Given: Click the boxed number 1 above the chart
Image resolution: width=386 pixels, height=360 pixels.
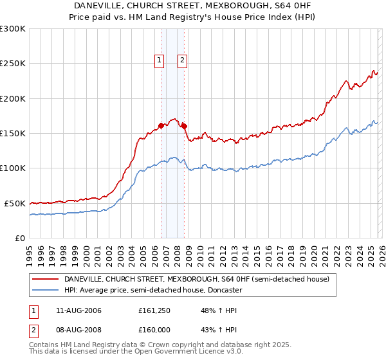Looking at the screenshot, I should (160, 60).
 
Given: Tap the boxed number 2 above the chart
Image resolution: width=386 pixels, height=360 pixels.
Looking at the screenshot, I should (183, 60).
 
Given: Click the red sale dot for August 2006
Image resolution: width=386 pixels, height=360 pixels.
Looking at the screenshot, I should (161, 126).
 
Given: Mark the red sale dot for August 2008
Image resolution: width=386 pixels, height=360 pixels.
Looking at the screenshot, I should (184, 127).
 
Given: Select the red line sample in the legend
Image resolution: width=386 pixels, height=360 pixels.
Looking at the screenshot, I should (45, 279).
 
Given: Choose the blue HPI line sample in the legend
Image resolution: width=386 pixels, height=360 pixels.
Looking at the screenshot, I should (45, 290).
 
